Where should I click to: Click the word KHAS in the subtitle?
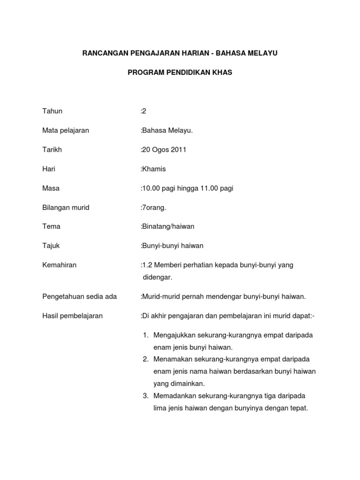pos(222,73)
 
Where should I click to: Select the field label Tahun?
pos(52,111)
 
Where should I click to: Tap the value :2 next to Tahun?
pos(143,111)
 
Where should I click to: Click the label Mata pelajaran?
pos(66,130)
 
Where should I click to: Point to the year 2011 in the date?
pos(179,150)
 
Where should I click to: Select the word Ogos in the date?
pos(160,150)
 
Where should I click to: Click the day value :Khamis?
pos(153,169)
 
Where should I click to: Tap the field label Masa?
pos(51,188)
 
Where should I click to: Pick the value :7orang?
pos(153,207)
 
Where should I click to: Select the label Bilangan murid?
pos(66,207)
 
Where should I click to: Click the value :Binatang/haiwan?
pos(167,226)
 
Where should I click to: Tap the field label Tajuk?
pos(51,246)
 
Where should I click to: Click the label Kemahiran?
pos(60,265)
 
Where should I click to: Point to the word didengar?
pos(157,277)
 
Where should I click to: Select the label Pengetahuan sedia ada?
pos(80,296)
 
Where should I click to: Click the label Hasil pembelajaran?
pos(73,315)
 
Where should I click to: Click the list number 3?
pos(145,396)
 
